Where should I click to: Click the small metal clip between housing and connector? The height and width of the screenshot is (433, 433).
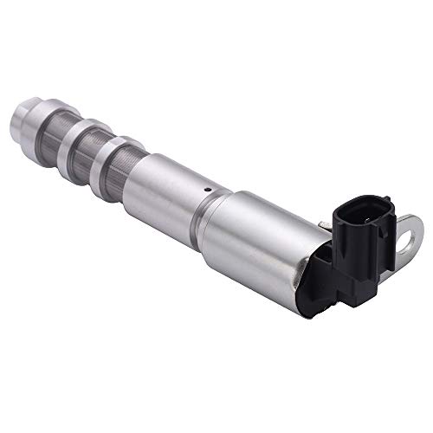[x=322, y=226]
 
